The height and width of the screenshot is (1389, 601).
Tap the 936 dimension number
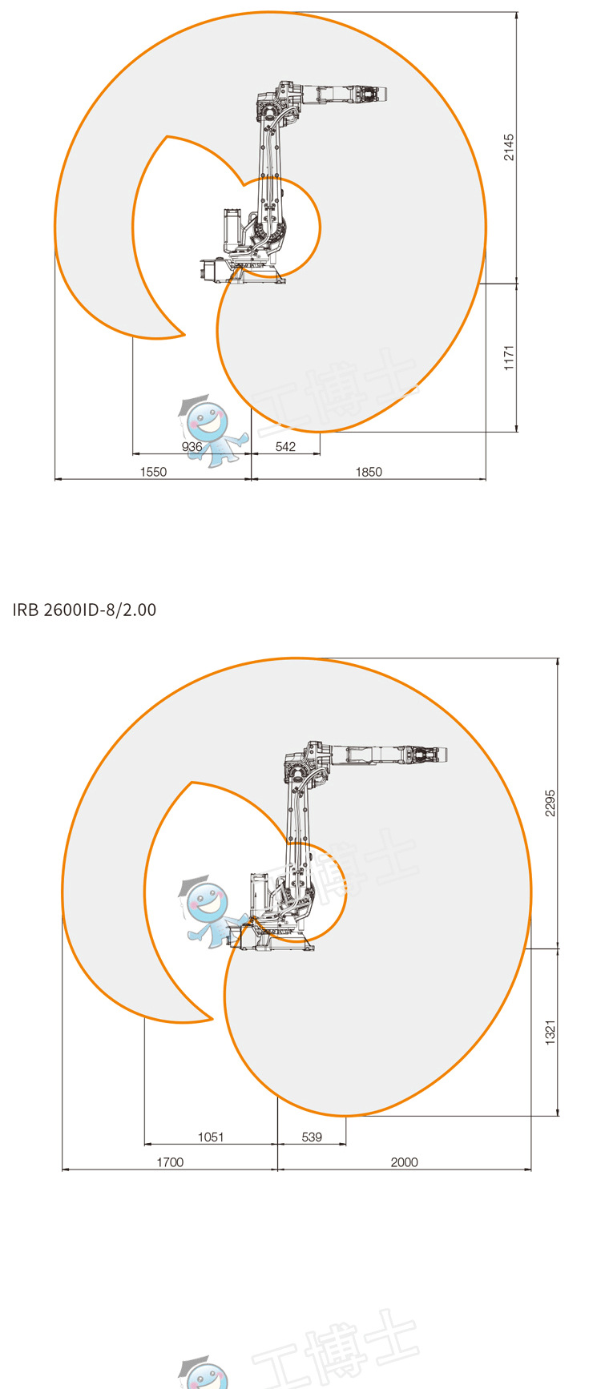click(192, 447)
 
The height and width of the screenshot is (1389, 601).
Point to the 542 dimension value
click(285, 447)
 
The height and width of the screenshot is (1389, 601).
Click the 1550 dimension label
click(153, 472)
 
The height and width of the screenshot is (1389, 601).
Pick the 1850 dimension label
click(369, 472)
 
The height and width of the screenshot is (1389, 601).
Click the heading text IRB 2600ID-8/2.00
click(84, 610)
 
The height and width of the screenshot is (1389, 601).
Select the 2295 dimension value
click(550, 803)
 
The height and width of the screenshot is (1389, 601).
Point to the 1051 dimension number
click(211, 1137)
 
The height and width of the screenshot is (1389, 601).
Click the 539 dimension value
click(312, 1137)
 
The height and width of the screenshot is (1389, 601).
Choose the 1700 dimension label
click(170, 1162)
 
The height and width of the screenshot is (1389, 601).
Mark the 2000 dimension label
click(404, 1162)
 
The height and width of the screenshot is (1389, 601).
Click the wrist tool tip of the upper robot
click(385, 95)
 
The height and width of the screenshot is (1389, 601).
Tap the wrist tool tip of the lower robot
click(444, 755)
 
